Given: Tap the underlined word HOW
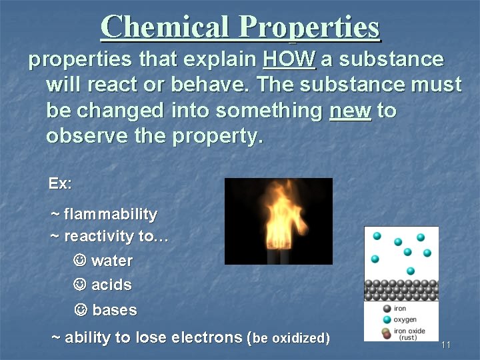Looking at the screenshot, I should click(289, 59).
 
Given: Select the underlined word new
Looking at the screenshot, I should click(350, 110).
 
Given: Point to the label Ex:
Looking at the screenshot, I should click(60, 183).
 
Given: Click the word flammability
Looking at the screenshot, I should click(111, 215).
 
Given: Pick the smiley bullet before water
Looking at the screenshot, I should click(79, 260).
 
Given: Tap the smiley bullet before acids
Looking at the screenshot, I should click(79, 285).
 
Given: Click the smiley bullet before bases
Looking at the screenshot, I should click(80, 310).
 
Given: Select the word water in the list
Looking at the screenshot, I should click(112, 261).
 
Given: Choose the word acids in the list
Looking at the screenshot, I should click(111, 285).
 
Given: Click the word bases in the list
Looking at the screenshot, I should click(115, 311).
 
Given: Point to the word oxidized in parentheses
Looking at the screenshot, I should click(297, 338).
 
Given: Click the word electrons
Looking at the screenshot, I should click(207, 338).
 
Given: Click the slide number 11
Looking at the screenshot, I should click(446, 345).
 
